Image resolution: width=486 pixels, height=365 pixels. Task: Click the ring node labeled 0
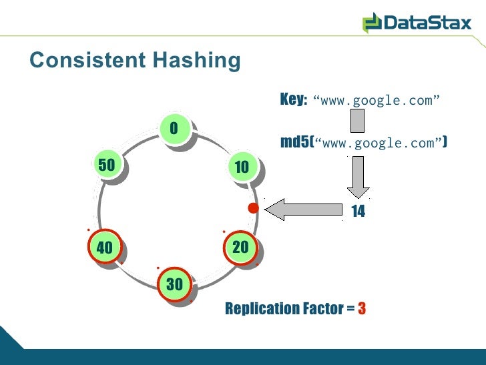(174, 128)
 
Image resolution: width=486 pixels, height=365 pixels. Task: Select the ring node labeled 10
(242, 167)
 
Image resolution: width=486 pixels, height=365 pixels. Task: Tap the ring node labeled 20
(240, 248)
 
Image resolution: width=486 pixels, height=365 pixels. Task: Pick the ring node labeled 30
(174, 284)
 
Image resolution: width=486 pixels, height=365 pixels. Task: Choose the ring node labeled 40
(105, 248)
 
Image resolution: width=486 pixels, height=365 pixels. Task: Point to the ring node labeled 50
(106, 165)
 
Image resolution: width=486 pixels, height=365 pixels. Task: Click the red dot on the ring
(253, 209)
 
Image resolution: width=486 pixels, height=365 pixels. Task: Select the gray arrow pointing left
(304, 210)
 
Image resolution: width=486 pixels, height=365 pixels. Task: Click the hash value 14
(358, 212)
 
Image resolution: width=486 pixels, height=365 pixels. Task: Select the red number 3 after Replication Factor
(362, 309)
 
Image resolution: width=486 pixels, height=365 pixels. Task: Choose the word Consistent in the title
(87, 60)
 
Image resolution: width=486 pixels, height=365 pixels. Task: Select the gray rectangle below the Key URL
(358, 121)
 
